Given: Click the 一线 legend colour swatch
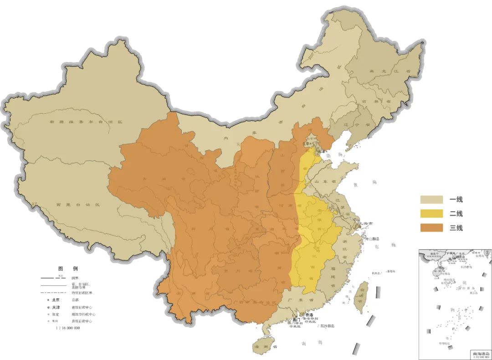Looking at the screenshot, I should tap(431, 199).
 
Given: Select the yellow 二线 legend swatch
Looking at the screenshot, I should tap(431, 213).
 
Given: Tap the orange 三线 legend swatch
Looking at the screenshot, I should tap(431, 228).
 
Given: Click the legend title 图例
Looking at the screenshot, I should tap(67, 269).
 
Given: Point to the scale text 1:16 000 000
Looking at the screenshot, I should tap(67, 328).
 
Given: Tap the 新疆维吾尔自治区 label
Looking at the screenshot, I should tap(80, 122).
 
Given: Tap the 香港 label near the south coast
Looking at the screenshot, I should tap(309, 315).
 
